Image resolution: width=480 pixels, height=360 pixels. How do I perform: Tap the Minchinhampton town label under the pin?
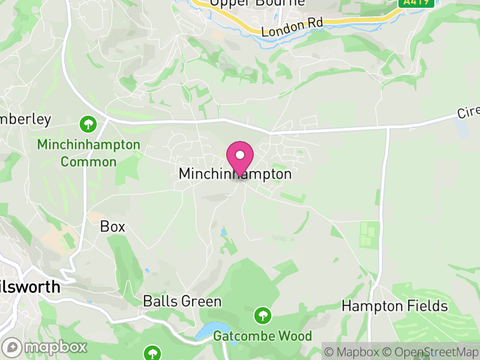[x=235, y=174]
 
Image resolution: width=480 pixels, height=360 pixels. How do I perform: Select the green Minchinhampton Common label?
[x=88, y=153]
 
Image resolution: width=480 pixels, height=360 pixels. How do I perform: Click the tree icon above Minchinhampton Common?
[x=88, y=124]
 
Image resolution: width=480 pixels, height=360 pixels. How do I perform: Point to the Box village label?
[x=113, y=226]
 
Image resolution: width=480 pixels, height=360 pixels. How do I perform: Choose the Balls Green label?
[x=182, y=301]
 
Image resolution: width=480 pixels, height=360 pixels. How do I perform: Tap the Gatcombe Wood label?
[x=262, y=335]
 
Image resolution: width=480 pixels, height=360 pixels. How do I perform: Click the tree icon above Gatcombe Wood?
[x=262, y=314]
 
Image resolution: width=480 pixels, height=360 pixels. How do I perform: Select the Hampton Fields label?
[x=394, y=306]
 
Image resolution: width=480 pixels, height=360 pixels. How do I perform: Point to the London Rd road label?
[x=292, y=25]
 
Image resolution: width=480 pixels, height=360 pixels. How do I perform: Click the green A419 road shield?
[x=409, y=2]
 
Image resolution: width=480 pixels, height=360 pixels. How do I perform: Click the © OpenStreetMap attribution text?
[x=433, y=352]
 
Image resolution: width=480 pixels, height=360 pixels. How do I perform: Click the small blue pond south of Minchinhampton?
[x=223, y=232]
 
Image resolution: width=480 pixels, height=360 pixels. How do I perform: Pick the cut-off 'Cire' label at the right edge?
[x=468, y=112]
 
